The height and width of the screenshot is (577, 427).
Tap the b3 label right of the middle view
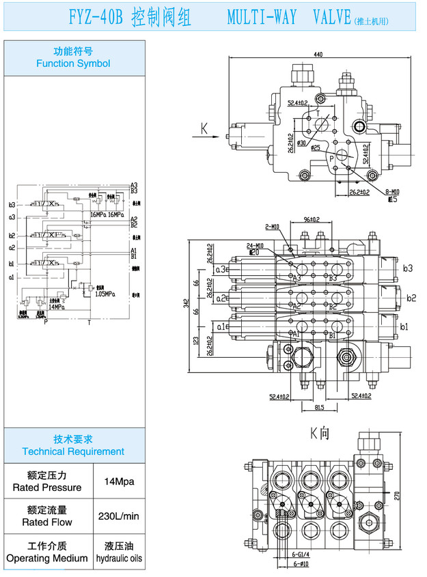(x=408, y=268)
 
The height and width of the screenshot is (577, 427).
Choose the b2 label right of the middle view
(x=411, y=298)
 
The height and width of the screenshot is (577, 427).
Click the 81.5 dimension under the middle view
(x=319, y=408)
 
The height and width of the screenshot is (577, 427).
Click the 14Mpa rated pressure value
(x=119, y=481)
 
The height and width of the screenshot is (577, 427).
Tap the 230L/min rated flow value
(x=119, y=516)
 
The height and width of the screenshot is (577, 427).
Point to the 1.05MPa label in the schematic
(x=105, y=294)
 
